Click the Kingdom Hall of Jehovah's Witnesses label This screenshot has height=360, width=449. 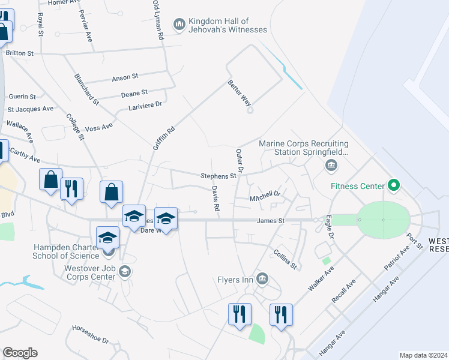tap(228, 25)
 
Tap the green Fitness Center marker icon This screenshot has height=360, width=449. tap(394, 185)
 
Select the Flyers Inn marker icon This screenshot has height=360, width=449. tap(262, 278)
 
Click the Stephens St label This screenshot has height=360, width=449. tap(218, 176)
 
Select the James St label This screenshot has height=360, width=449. tap(270, 221)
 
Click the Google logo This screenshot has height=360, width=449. tap(20, 353)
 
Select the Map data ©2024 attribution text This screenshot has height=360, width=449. tap(423, 355)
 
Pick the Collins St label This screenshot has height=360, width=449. tap(286, 259)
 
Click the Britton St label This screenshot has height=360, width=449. tap(20, 53)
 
